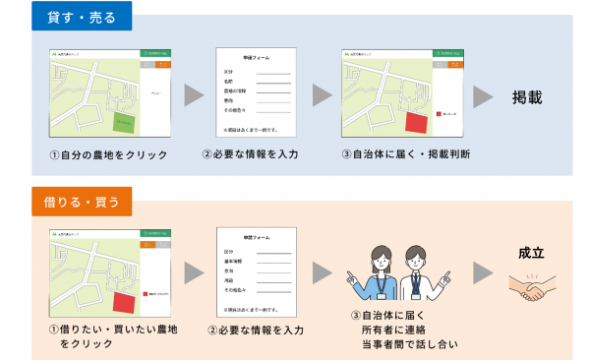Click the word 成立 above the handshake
coord(532,253)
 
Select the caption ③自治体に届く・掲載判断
coord(404,155)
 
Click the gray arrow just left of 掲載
coord(483,95)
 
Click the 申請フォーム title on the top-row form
coord(256,59)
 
